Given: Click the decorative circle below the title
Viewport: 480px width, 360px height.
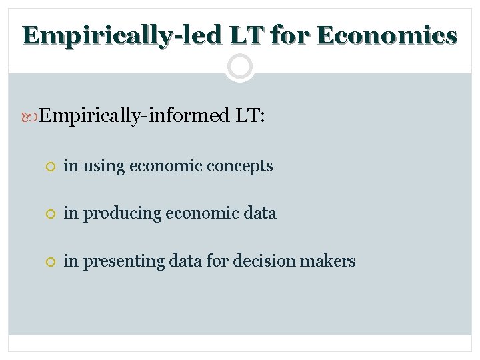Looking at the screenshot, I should [239, 67].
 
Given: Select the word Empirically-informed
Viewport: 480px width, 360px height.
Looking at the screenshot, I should [133, 116].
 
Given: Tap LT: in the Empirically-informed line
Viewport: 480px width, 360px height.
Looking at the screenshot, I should [250, 116].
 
